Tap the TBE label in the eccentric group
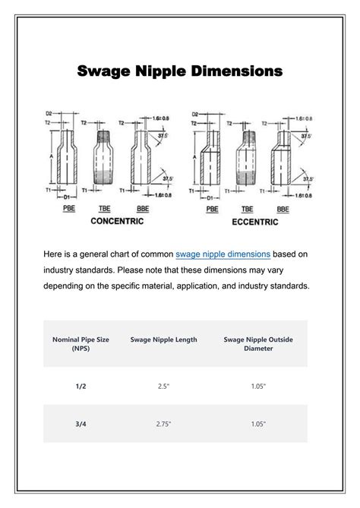pyautogui.click(x=247, y=208)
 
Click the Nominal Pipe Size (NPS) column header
pyautogui.click(x=81, y=344)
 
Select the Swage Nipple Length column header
pyautogui.click(x=163, y=339)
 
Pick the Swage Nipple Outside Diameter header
pyautogui.click(x=258, y=344)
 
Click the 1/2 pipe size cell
pyautogui.click(x=81, y=386)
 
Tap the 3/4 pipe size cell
pyautogui.click(x=81, y=424)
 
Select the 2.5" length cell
pyautogui.click(x=163, y=386)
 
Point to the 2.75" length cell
pyautogui.click(x=163, y=424)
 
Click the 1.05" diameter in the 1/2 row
pyautogui.click(x=258, y=386)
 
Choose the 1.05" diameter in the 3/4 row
pyautogui.click(x=258, y=424)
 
